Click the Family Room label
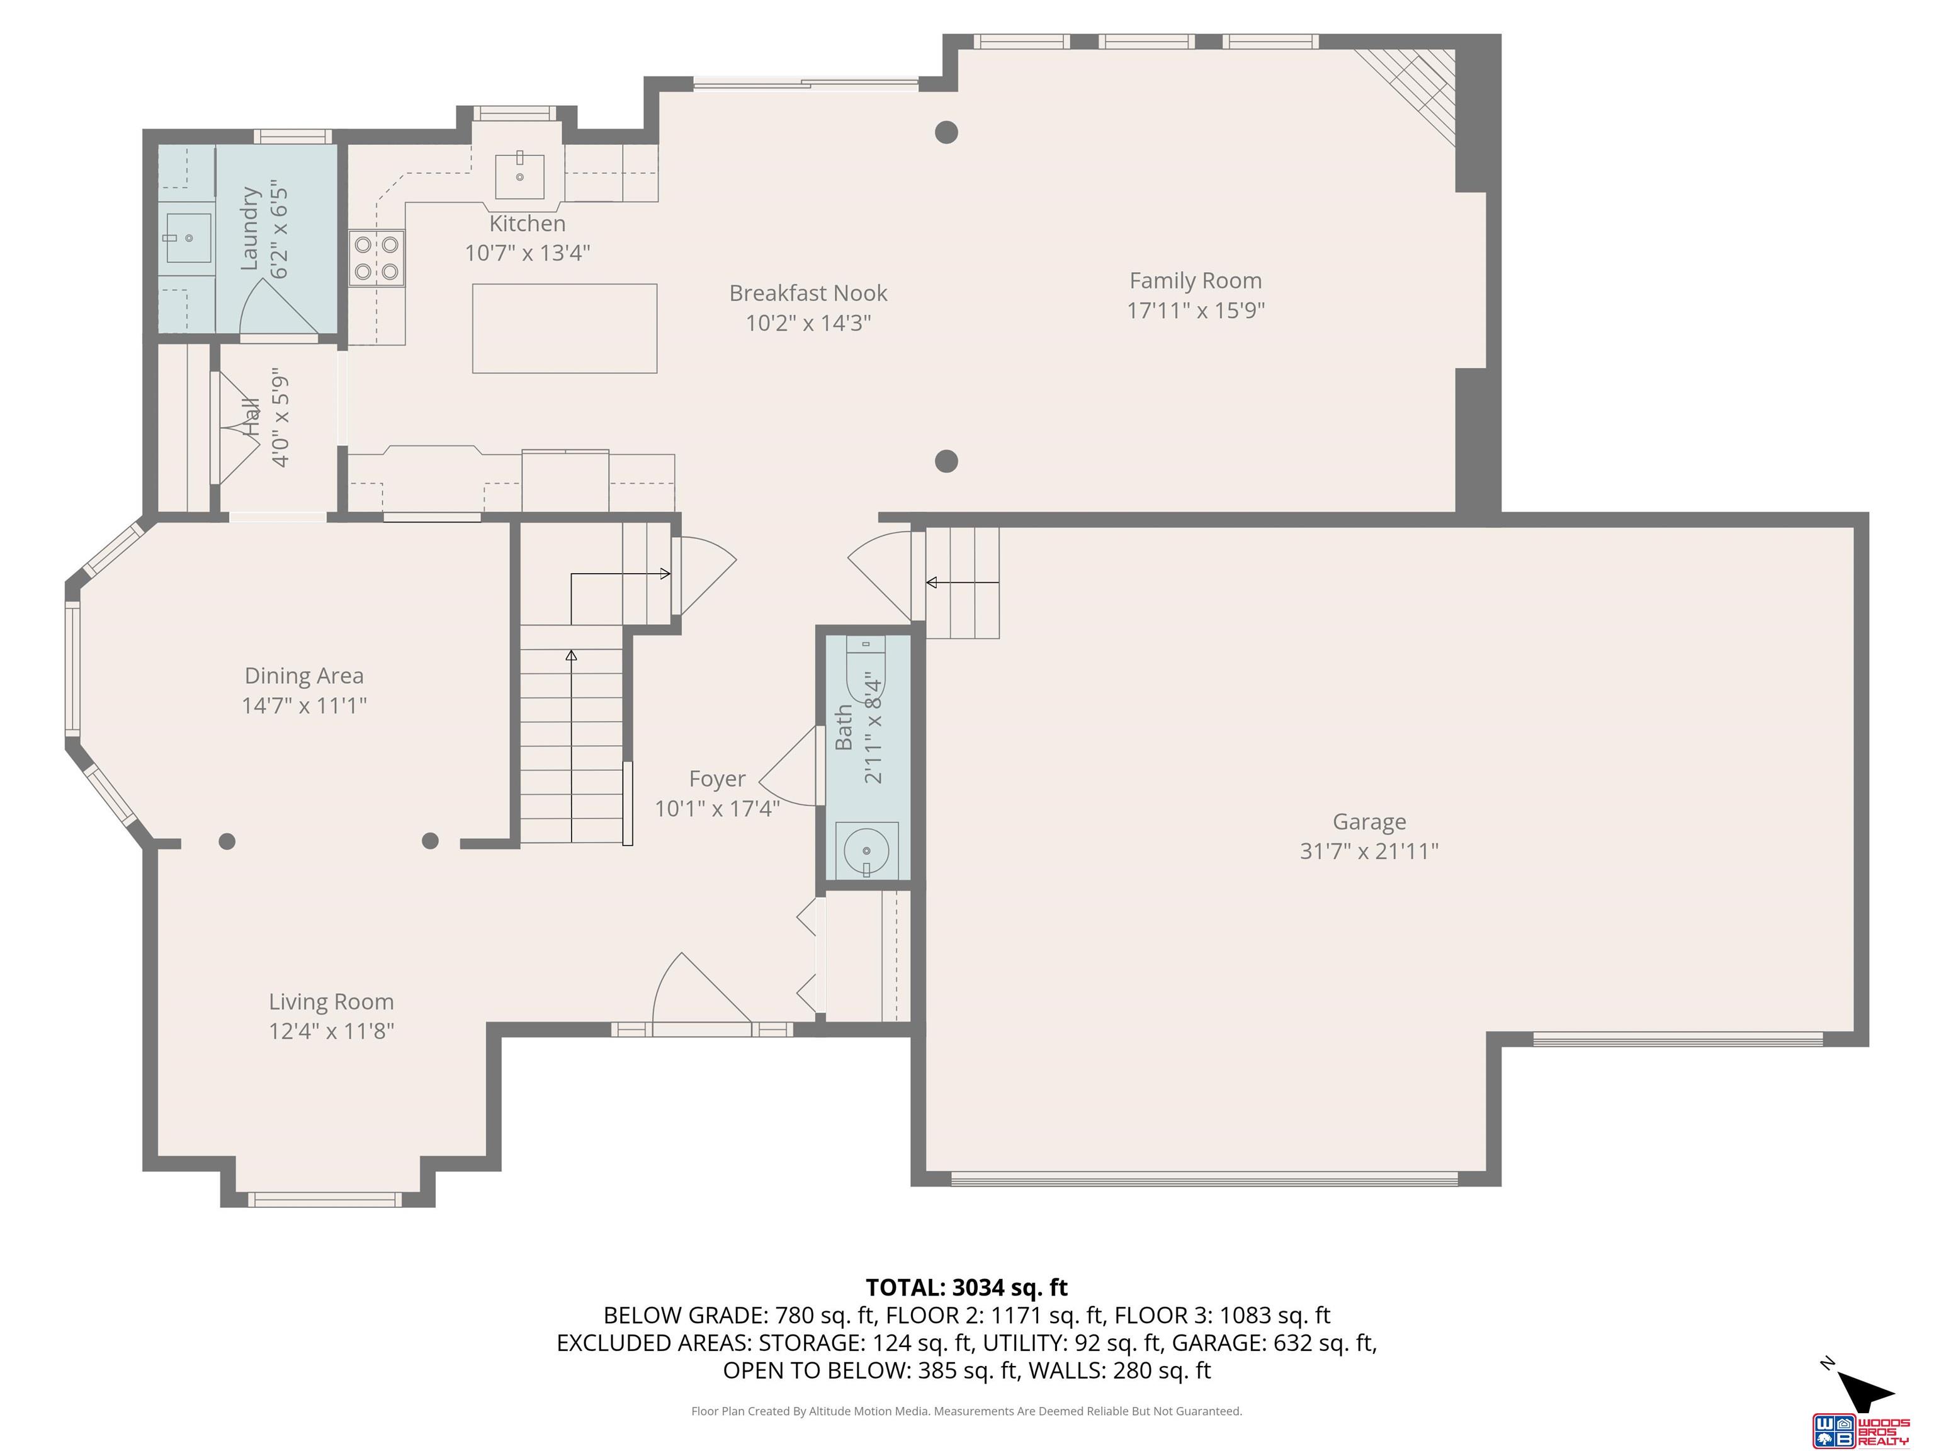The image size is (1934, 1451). [x=1195, y=281]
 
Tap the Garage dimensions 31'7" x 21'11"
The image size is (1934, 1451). [x=1368, y=851]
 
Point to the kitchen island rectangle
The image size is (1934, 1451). [x=564, y=328]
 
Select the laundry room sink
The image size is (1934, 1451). [x=188, y=238]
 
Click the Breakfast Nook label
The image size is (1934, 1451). [x=808, y=293]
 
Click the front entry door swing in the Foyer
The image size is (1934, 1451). [x=699, y=993]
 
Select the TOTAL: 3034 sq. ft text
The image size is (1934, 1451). [x=966, y=1287]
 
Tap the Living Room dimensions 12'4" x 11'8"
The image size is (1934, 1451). [x=331, y=1031]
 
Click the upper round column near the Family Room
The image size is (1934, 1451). [x=946, y=132]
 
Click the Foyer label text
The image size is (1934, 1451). [x=717, y=778]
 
